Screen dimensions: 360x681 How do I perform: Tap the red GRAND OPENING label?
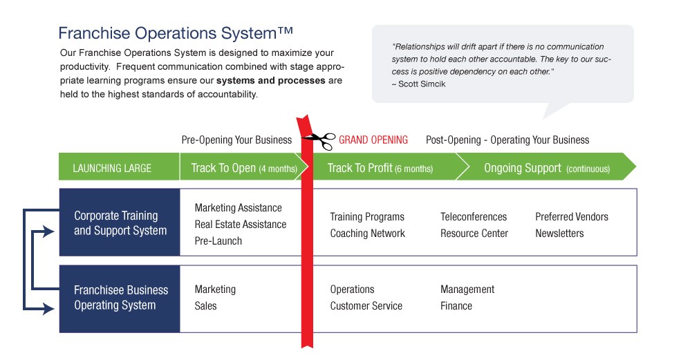click(373, 140)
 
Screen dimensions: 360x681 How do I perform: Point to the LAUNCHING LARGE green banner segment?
click(112, 168)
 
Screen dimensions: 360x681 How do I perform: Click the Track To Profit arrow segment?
click(380, 168)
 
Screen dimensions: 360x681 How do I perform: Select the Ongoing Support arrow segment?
click(546, 168)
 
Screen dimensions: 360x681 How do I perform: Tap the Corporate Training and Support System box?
click(120, 222)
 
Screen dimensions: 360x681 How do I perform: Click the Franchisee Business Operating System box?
click(120, 298)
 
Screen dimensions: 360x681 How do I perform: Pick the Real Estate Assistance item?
click(240, 225)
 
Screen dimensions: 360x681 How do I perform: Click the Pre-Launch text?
click(218, 241)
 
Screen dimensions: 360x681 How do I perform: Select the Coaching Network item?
click(367, 234)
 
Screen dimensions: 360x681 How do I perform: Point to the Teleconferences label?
click(473, 217)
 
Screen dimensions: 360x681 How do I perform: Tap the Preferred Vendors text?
click(571, 217)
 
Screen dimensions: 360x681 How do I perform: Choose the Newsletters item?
click(559, 234)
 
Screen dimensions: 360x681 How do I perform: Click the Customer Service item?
click(366, 306)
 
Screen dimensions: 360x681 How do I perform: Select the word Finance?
click(456, 306)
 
